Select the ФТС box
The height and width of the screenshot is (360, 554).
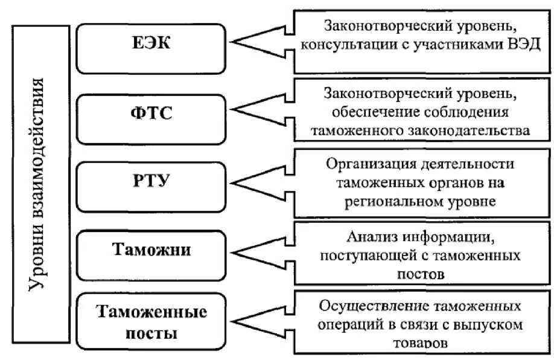pyautogui.click(x=151, y=113)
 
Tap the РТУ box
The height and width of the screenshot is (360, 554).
pyautogui.click(x=151, y=180)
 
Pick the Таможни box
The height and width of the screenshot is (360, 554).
pyautogui.click(x=151, y=249)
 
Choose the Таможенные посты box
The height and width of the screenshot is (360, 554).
pyautogui.click(x=151, y=323)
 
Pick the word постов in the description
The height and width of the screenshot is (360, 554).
pyautogui.click(x=421, y=273)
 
